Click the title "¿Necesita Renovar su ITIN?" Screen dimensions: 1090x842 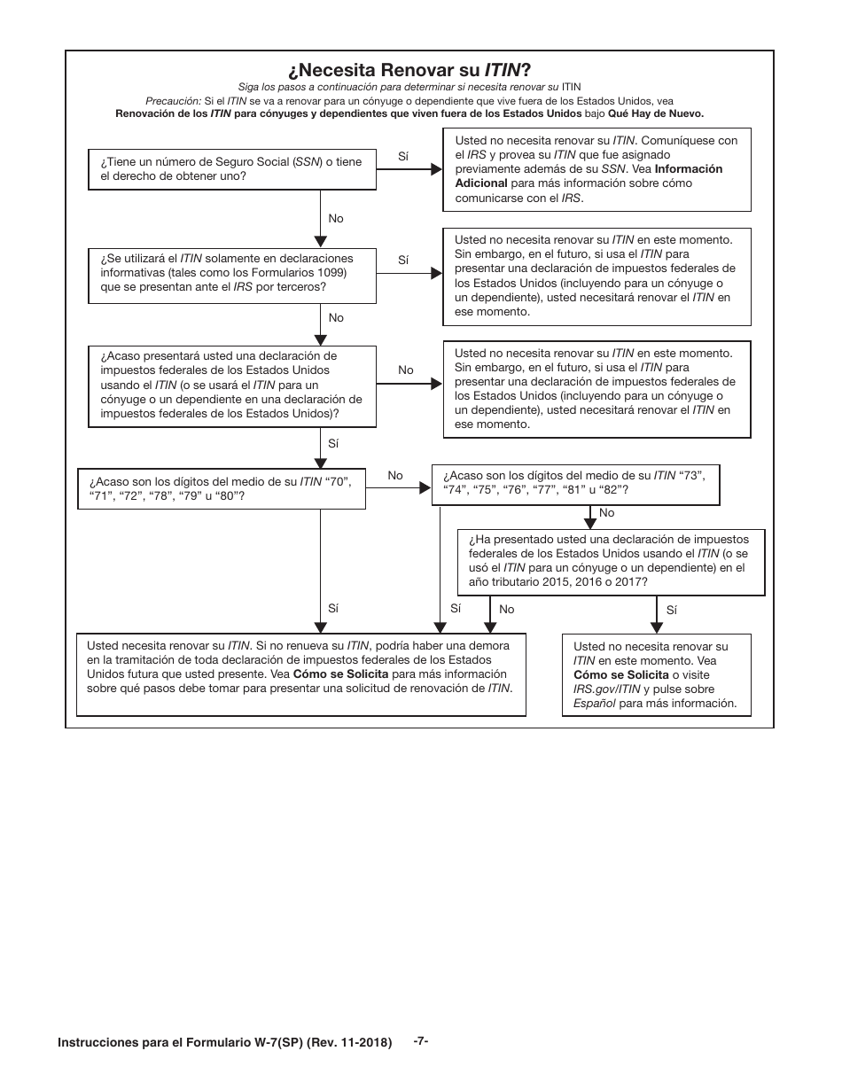click(409, 70)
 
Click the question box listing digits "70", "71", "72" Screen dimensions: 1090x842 click(222, 488)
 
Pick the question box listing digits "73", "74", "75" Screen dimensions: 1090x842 click(574, 483)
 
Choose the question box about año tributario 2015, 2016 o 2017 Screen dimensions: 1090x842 click(611, 561)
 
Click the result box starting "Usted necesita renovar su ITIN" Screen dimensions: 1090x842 click(300, 674)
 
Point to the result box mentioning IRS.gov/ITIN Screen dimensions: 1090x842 click(656, 674)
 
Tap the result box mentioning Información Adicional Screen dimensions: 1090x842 click(596, 169)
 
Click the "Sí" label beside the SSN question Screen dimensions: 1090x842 click(403, 156)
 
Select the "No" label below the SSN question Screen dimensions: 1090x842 click(336, 218)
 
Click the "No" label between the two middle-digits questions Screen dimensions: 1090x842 click(395, 476)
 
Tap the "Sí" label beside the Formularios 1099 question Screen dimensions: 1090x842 click(403, 260)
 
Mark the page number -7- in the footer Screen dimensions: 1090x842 click(421, 1041)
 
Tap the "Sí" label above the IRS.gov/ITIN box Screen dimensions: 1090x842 click(671, 610)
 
